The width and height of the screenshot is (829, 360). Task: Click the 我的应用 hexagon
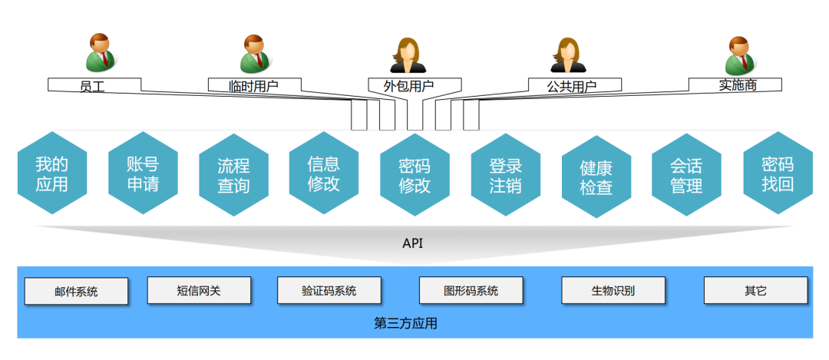[51, 174]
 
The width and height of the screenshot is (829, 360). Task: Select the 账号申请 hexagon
[143, 174]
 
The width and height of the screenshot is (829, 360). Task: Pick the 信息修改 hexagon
[324, 174]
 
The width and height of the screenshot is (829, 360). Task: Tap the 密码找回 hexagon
[778, 174]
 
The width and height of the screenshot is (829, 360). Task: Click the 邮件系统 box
[76, 291]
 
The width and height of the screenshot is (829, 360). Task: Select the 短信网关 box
[199, 290]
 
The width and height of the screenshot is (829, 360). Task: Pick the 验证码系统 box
[329, 290]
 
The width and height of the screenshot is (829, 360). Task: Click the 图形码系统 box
[471, 290]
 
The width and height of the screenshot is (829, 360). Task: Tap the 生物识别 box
[612, 290]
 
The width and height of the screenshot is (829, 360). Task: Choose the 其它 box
[755, 290]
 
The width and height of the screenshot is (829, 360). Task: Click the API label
[413, 243]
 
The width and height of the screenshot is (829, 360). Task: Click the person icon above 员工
[100, 52]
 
